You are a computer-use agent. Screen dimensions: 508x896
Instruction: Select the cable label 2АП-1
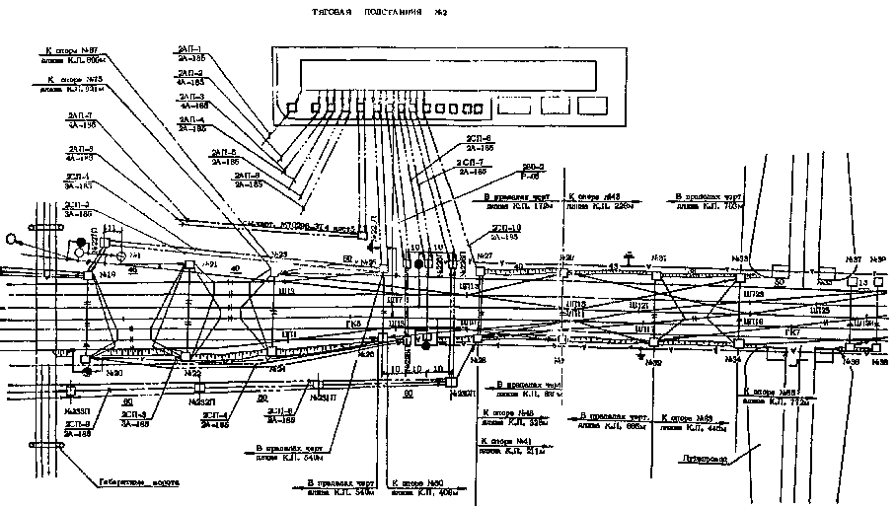190,49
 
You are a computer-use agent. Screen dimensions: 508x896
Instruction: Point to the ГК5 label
354,323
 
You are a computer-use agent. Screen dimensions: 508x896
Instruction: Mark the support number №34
732,361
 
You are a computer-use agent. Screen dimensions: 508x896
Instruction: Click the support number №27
485,257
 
